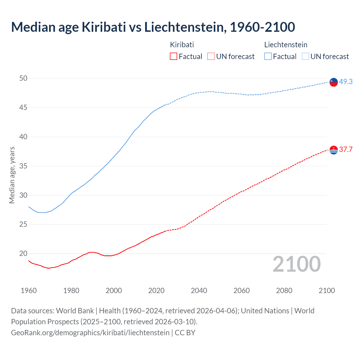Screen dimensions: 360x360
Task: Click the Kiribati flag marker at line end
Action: point(334,150)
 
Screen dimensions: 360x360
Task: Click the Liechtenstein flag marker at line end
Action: point(334,82)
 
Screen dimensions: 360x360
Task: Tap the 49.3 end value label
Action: point(346,82)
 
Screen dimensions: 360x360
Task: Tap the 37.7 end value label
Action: point(346,149)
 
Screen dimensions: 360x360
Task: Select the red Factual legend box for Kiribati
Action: point(174,57)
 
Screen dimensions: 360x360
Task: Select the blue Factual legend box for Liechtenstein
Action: point(268,57)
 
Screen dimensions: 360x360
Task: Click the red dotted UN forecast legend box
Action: point(211,57)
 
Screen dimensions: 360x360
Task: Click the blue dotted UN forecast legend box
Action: point(305,57)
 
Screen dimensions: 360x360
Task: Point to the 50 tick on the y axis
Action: point(23,78)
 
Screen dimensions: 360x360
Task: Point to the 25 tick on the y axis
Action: point(23,224)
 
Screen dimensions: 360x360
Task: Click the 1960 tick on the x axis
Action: point(29,291)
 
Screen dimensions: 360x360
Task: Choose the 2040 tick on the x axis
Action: point(199,291)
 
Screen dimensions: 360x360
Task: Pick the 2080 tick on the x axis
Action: point(284,291)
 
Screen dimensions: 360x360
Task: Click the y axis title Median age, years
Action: point(12,175)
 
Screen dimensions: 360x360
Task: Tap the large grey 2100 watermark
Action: point(296,264)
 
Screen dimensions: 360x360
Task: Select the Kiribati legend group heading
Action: point(182,45)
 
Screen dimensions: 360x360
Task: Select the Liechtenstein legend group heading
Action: point(286,45)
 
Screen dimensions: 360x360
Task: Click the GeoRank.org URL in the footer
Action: point(90,333)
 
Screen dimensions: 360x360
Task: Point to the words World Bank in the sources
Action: point(75,311)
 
